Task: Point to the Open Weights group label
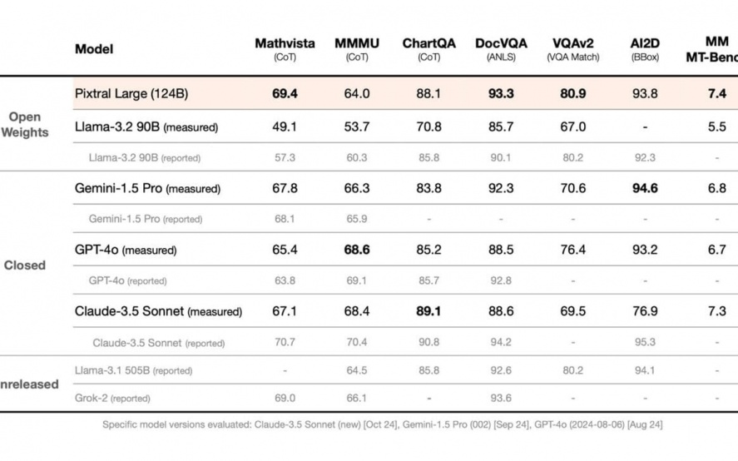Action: [26, 125]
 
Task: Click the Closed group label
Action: [25, 265]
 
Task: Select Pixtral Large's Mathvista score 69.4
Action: [285, 94]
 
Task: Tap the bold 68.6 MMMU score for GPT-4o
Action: [357, 250]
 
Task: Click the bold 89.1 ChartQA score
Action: [428, 311]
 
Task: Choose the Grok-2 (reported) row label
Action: [120, 399]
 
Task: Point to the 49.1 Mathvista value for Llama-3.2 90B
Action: [285, 127]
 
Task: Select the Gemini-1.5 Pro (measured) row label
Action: [147, 189]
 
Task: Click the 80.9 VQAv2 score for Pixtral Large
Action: [572, 94]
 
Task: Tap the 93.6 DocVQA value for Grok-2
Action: [501, 399]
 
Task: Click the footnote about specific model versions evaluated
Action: [382, 425]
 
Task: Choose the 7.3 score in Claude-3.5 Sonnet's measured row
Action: [717, 311]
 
